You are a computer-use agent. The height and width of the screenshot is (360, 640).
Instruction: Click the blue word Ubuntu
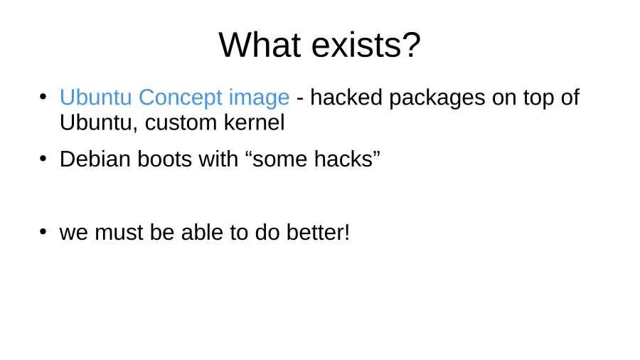95,97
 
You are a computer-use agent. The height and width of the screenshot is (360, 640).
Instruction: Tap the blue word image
259,99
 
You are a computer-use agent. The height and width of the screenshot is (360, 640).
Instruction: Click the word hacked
346,97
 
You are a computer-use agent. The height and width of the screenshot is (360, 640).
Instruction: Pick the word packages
437,99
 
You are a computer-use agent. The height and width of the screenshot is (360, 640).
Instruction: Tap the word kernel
255,122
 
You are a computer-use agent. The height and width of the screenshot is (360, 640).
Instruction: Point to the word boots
164,159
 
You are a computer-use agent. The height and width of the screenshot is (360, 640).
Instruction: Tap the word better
315,232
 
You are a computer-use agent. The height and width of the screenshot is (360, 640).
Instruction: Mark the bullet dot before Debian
43,158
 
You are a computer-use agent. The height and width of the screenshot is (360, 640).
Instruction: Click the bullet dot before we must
43,232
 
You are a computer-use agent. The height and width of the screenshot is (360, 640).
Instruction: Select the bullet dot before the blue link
43,97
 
